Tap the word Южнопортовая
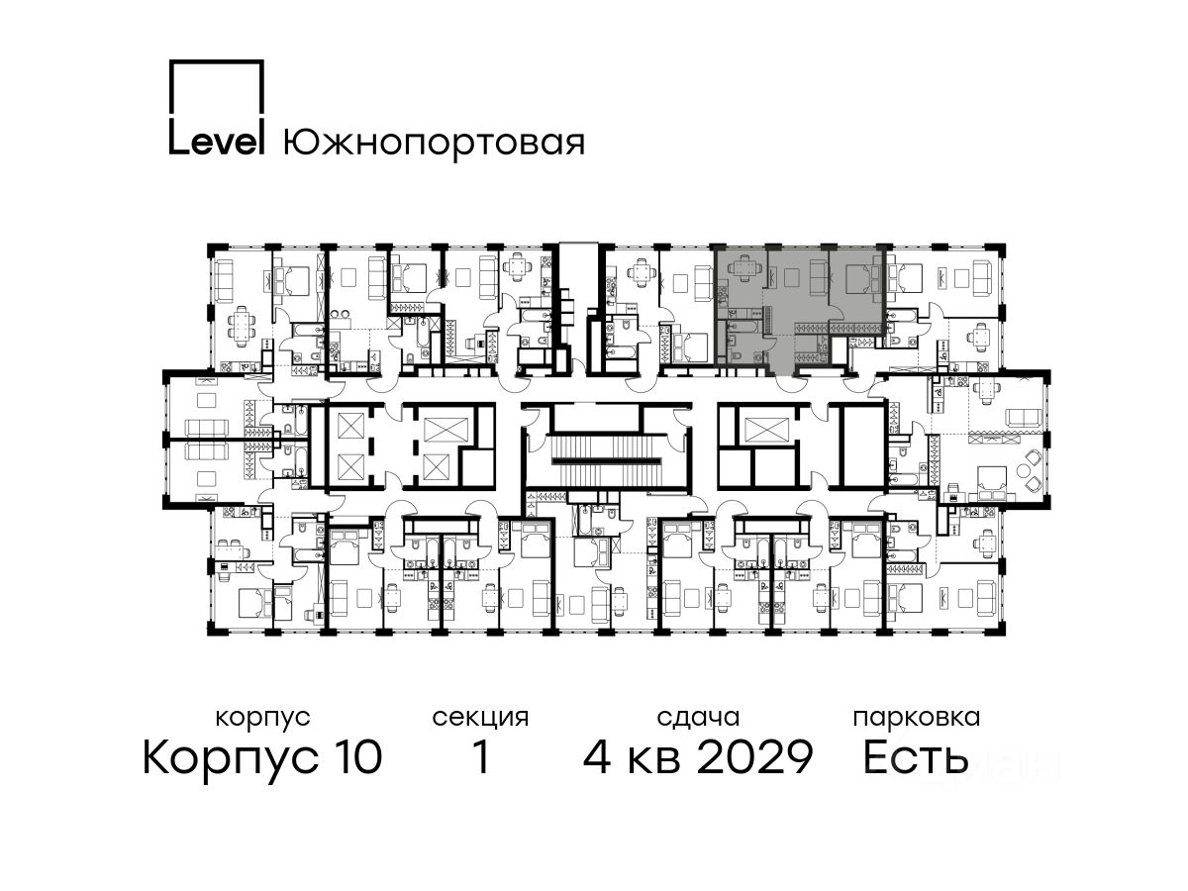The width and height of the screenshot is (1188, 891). coord(434,143)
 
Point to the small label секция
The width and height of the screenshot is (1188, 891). coord(480,718)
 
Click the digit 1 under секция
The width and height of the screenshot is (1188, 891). coord(481,756)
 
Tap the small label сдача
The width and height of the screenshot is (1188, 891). coord(698,717)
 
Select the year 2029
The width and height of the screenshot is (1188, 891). coord(754,756)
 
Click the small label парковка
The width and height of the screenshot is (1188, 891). coord(917,718)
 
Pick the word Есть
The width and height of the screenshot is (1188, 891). coord(915,756)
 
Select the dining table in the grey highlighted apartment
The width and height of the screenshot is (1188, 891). coord(740,269)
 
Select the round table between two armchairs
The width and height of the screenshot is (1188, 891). coord(1023,470)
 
